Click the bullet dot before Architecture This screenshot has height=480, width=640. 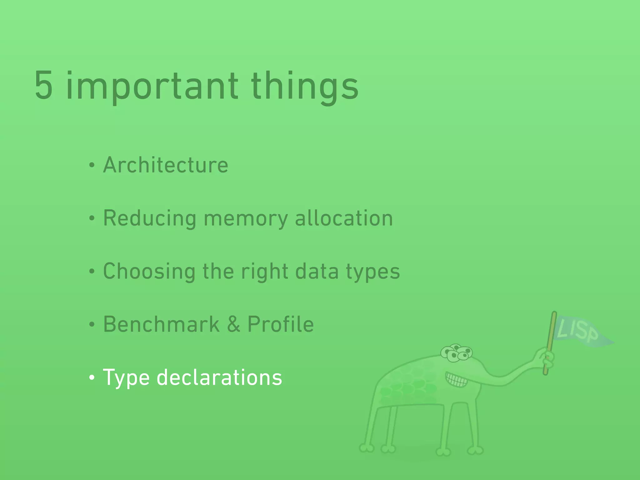click(x=92, y=165)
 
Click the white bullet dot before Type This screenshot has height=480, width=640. click(x=92, y=378)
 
